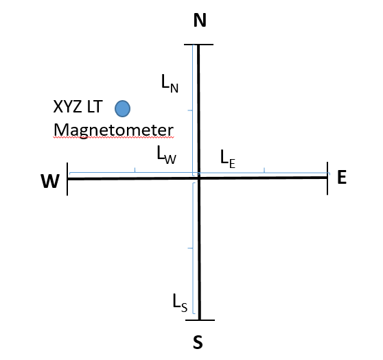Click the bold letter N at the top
point(200,20)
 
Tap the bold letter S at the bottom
point(198,342)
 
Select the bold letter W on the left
point(50,181)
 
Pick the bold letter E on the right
point(342,177)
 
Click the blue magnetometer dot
point(122,108)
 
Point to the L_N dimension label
point(170,83)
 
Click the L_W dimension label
point(166,154)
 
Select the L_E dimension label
point(228,159)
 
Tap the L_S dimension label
point(180,303)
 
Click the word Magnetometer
point(113,130)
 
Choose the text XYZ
point(68,107)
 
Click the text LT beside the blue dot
point(94,107)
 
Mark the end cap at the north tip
point(198,45)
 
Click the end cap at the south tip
point(200,320)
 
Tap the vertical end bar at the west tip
point(67,179)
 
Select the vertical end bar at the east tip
point(327,178)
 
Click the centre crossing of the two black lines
point(199,178)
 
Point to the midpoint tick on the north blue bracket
point(190,110)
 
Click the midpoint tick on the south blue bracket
point(190,248)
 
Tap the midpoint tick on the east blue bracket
point(264,170)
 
